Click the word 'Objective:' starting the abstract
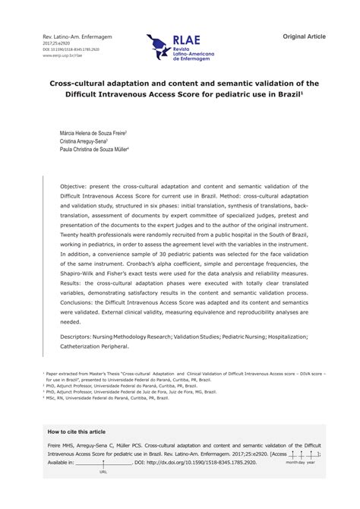76,185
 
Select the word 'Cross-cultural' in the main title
78,86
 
